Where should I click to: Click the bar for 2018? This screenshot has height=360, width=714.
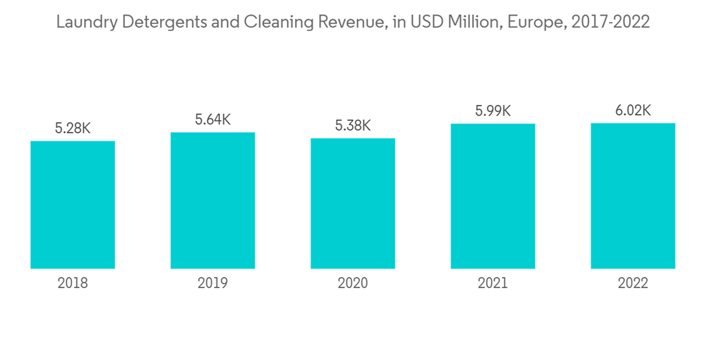(x=73, y=204)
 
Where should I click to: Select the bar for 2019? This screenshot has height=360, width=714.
(x=213, y=200)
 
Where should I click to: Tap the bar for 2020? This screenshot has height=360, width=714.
(x=353, y=203)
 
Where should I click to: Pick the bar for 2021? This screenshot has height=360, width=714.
(x=493, y=196)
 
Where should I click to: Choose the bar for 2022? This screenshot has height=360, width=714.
(x=633, y=196)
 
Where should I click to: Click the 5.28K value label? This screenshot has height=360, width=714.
(x=73, y=129)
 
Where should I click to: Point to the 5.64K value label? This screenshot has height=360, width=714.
(x=213, y=120)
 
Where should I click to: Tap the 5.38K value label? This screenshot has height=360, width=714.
(x=353, y=126)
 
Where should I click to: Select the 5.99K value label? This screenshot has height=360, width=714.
(x=493, y=111)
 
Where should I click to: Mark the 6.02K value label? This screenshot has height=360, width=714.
(x=633, y=111)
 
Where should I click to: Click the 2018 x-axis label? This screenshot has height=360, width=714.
(x=73, y=284)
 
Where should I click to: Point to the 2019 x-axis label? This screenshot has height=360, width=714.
(x=213, y=284)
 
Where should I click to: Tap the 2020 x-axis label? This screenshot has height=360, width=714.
(x=353, y=284)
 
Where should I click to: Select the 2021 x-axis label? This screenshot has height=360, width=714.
(x=493, y=284)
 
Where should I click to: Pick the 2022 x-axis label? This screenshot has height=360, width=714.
(x=633, y=284)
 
